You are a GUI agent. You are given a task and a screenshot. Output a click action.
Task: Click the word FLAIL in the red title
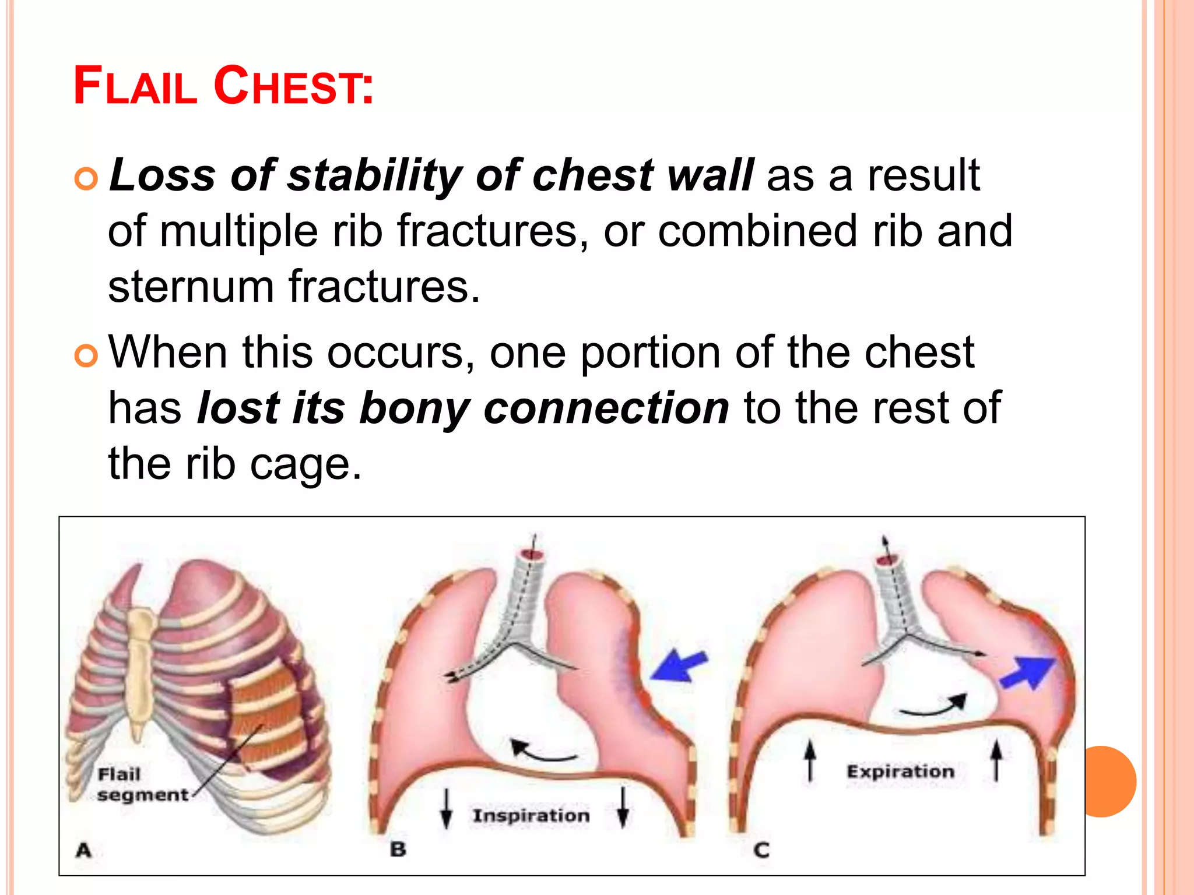(x=135, y=86)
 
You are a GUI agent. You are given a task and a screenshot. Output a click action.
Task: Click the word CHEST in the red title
(x=293, y=86)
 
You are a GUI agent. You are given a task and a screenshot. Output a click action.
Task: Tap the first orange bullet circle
(x=86, y=178)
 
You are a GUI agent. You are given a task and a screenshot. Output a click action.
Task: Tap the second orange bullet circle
(x=86, y=355)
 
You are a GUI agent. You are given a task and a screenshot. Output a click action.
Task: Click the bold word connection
(x=606, y=408)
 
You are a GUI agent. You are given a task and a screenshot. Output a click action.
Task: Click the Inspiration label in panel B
(x=531, y=815)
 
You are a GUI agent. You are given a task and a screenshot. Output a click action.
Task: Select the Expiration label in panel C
(x=900, y=771)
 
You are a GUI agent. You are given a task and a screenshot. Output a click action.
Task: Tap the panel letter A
(x=84, y=850)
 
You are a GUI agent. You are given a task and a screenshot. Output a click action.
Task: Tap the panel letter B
(x=398, y=849)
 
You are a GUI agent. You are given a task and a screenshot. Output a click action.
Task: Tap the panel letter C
(x=761, y=850)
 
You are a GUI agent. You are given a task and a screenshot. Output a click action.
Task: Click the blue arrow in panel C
(x=1028, y=672)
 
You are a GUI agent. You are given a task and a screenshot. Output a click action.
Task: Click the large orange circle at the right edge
(x=1105, y=781)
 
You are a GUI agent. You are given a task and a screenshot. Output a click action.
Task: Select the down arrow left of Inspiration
(x=447, y=808)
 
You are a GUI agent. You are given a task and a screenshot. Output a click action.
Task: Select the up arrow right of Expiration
(x=996, y=760)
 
